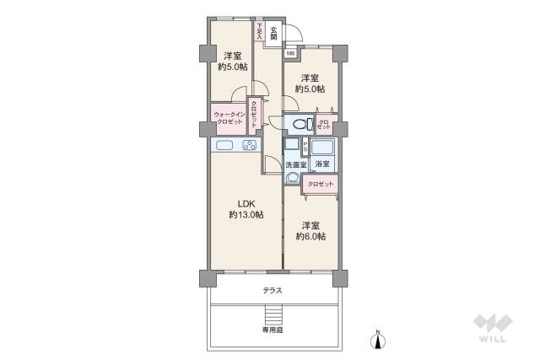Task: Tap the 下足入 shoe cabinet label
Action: (x=259, y=32)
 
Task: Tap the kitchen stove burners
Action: (x=250, y=146)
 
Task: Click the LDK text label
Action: (x=246, y=203)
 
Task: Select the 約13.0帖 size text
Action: (x=246, y=215)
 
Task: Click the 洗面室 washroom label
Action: (x=295, y=164)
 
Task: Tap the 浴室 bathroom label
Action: (x=322, y=164)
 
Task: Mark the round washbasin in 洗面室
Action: (x=293, y=179)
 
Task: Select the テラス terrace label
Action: (x=272, y=291)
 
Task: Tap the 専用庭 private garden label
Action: (x=272, y=331)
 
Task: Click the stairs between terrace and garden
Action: (x=272, y=315)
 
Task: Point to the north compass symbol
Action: (x=379, y=338)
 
